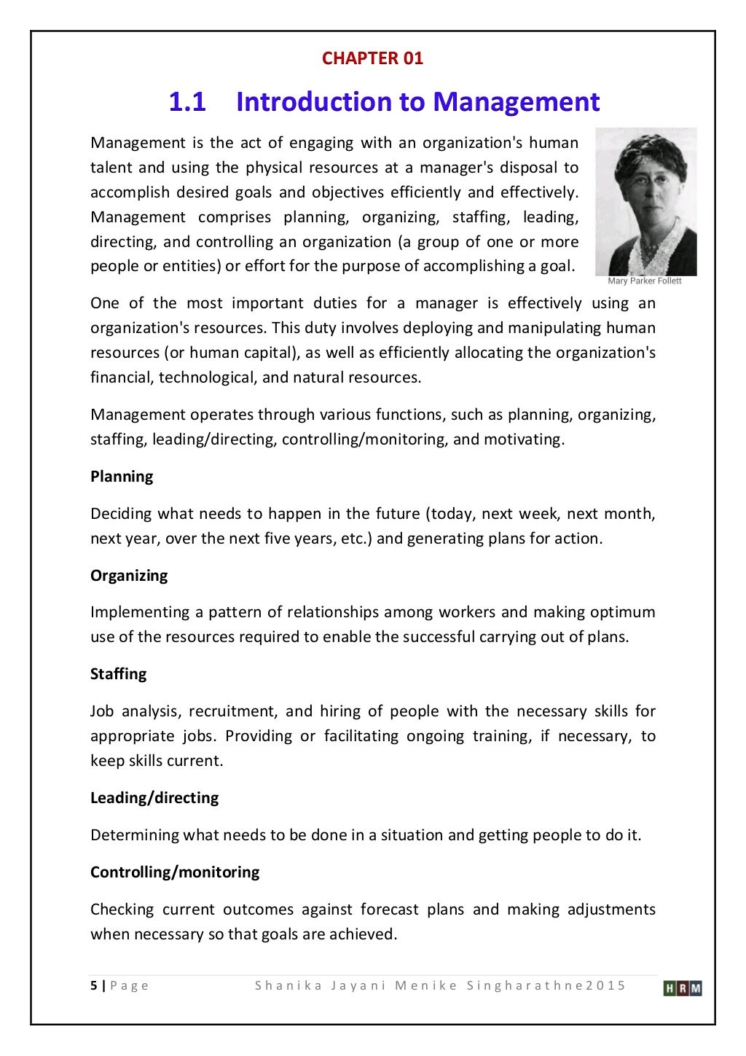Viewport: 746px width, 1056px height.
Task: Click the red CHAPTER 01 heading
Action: pyautogui.click(x=372, y=58)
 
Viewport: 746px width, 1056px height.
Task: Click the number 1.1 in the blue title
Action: pyautogui.click(x=187, y=101)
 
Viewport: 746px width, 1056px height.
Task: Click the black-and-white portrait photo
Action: pyautogui.click(x=645, y=202)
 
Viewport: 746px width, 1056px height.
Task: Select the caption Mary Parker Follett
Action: pyautogui.click(x=645, y=281)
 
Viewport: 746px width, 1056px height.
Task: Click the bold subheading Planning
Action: pyautogui.click(x=122, y=477)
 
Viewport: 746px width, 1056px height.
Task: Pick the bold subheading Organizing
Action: pyautogui.click(x=129, y=576)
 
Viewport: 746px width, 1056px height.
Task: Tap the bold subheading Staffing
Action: pyautogui.click(x=118, y=674)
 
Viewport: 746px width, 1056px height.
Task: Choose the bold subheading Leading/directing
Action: pyautogui.click(x=154, y=798)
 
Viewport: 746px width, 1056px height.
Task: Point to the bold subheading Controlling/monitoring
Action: pyautogui.click(x=175, y=872)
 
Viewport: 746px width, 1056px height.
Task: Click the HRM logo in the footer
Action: pyautogui.click(x=683, y=988)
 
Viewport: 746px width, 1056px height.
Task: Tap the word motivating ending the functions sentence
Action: pyautogui.click(x=528, y=439)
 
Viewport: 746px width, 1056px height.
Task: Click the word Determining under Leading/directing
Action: pyautogui.click(x=135, y=835)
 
